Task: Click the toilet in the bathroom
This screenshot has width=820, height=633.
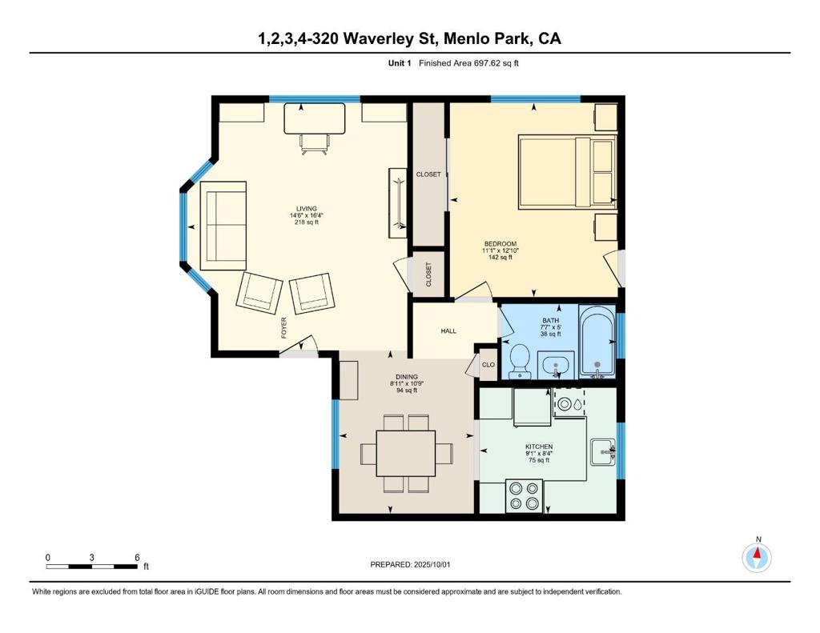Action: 520,361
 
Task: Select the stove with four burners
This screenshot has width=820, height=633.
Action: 524,495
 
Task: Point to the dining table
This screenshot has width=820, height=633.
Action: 406,453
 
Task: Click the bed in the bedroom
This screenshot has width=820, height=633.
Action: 568,172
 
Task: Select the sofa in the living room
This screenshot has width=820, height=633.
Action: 223,226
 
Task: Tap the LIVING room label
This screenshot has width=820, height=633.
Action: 307,209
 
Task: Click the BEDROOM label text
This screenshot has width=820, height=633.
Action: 500,243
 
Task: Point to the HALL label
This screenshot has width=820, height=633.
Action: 448,331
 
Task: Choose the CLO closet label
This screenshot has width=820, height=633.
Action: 488,364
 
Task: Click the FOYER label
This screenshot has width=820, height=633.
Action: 284,328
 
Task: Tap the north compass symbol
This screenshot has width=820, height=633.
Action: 757,558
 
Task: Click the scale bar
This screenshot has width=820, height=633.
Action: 92,567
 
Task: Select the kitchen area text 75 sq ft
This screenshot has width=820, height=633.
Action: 539,460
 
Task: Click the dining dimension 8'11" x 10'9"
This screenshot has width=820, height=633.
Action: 406,383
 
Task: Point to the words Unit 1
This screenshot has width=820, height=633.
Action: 400,63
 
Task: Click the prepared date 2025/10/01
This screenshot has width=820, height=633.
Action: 432,564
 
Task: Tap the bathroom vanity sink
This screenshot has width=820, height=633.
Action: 556,364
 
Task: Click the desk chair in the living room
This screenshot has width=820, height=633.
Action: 315,145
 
